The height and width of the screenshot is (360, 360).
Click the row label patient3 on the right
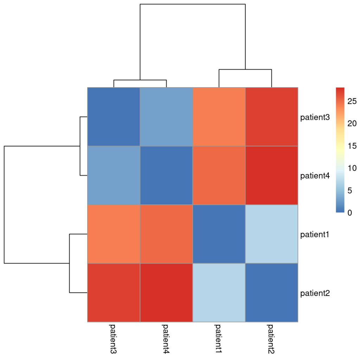pyautogui.click(x=315, y=117)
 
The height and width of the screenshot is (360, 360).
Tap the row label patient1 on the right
pyautogui.click(x=315, y=234)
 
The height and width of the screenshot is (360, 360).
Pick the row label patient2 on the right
pyautogui.click(x=315, y=292)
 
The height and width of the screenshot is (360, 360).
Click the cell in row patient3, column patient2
pyautogui.click(x=271, y=116)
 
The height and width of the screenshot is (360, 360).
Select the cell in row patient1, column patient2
pyautogui.click(x=271, y=234)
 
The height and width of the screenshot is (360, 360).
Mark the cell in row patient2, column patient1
pyautogui.click(x=219, y=292)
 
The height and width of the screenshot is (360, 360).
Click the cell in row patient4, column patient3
pyautogui.click(x=114, y=175)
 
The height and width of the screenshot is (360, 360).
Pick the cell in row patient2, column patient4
pyautogui.click(x=166, y=292)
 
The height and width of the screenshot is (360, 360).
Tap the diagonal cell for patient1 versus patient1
pyautogui.click(x=219, y=234)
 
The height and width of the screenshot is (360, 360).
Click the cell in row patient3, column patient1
pyautogui.click(x=219, y=116)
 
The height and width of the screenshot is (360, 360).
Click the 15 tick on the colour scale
pyautogui.click(x=352, y=146)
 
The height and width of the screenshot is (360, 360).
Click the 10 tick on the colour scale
pyautogui.click(x=352, y=168)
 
